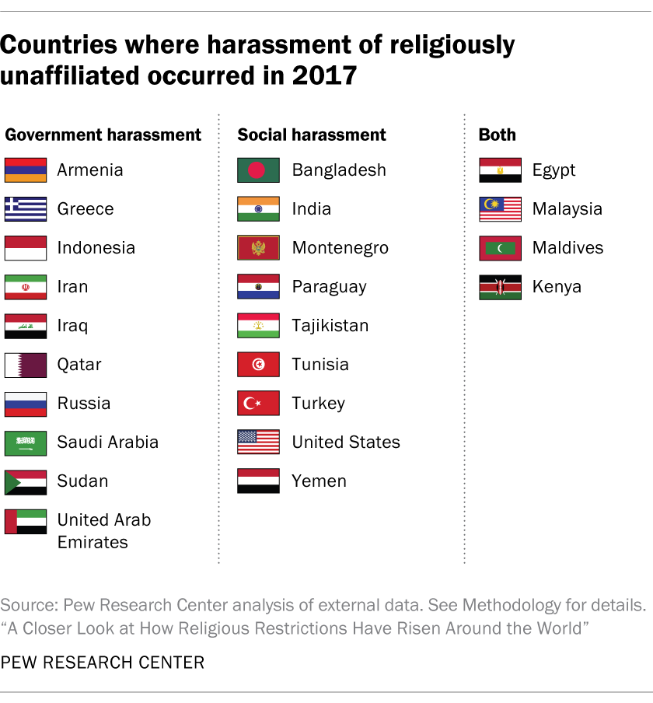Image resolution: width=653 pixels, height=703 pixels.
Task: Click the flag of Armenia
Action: [x=26, y=170]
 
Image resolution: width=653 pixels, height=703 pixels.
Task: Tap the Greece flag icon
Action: [x=26, y=209]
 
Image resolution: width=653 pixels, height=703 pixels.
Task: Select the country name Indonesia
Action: [x=96, y=248]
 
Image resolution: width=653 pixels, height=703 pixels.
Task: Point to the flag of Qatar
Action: [x=26, y=365]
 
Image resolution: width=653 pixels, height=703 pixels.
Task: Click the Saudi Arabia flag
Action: [x=26, y=442]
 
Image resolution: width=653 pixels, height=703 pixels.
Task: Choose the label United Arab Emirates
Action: [x=103, y=530]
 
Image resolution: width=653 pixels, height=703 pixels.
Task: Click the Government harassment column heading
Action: [x=103, y=135]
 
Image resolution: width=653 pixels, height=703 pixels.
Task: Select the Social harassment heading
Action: [x=312, y=135]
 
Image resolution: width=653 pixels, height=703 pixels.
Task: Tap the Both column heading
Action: [x=498, y=135]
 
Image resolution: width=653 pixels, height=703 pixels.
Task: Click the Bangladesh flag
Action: [x=258, y=170]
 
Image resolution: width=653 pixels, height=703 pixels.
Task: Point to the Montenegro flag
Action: [x=258, y=248]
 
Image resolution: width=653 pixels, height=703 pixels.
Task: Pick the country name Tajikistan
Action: [x=330, y=326]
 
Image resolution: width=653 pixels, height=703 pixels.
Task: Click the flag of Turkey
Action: [x=258, y=404]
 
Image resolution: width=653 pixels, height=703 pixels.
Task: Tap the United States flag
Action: [x=258, y=442]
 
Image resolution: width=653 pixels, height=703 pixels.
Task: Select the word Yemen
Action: [x=319, y=481]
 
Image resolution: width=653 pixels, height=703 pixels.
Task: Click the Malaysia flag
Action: [x=500, y=209]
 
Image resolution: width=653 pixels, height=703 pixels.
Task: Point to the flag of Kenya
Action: [x=500, y=287]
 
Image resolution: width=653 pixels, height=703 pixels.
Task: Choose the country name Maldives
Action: [x=567, y=248]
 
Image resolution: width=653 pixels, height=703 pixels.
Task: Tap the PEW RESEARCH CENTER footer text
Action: [x=103, y=663]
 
